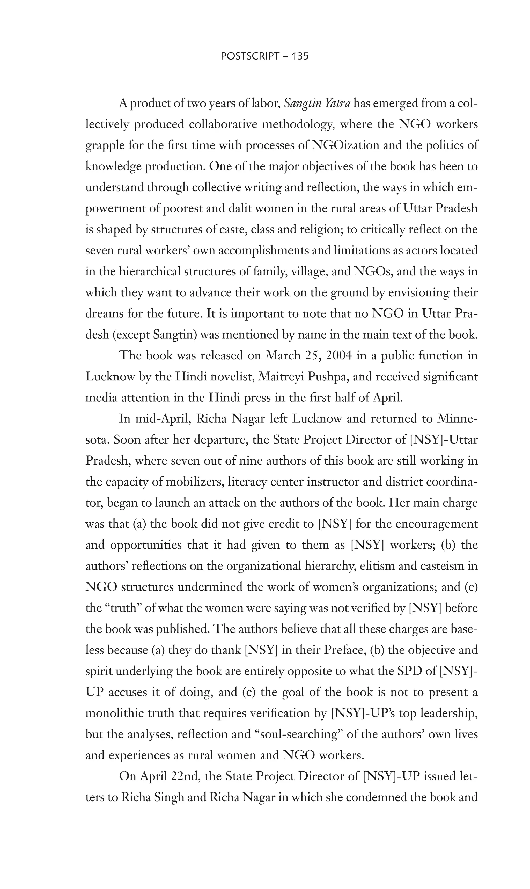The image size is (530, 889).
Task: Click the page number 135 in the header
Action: (x=300, y=56)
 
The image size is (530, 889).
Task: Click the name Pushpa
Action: (x=327, y=377)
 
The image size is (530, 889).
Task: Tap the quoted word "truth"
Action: (x=123, y=608)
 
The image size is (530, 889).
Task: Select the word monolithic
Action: (x=114, y=713)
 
